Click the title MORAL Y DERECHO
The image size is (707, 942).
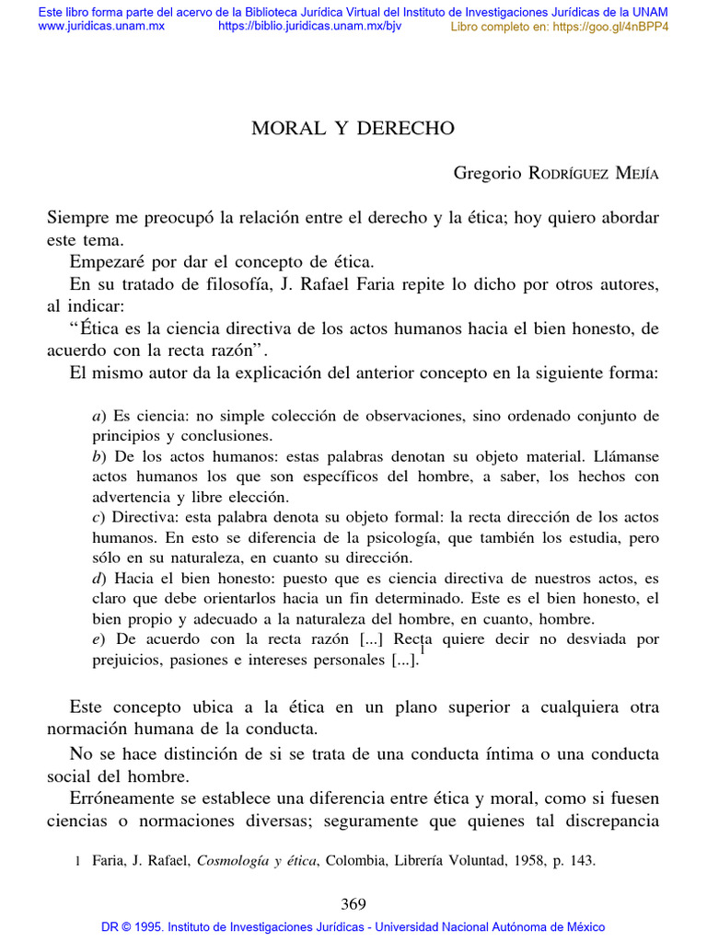click(x=353, y=129)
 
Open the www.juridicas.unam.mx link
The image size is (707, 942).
click(x=100, y=26)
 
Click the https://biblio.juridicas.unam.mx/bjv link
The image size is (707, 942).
click(x=309, y=26)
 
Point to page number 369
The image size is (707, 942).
click(x=353, y=904)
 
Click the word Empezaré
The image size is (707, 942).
click(x=105, y=262)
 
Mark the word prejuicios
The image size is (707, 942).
click(x=128, y=660)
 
